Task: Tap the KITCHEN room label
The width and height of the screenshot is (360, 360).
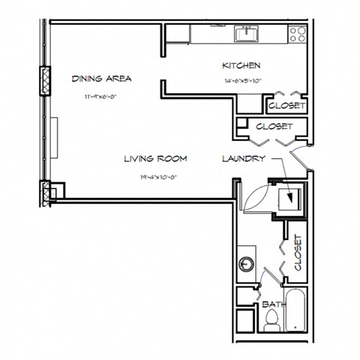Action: click(x=241, y=66)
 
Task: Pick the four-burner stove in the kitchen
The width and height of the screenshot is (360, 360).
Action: click(x=298, y=34)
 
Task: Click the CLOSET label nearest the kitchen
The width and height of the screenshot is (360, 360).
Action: click(x=286, y=106)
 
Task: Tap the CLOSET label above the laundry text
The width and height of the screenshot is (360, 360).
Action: click(x=274, y=127)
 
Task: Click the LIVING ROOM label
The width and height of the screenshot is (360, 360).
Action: click(x=155, y=158)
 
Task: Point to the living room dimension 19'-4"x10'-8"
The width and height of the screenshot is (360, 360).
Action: click(x=156, y=178)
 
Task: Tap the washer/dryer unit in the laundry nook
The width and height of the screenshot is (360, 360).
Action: click(x=289, y=199)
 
